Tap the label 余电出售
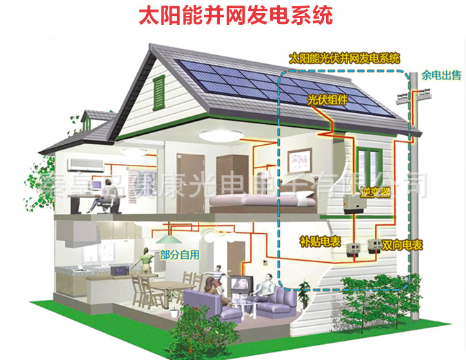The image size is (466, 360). click(x=441, y=75)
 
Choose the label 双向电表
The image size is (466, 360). click(x=403, y=244)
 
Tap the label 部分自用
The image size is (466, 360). click(x=180, y=254)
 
